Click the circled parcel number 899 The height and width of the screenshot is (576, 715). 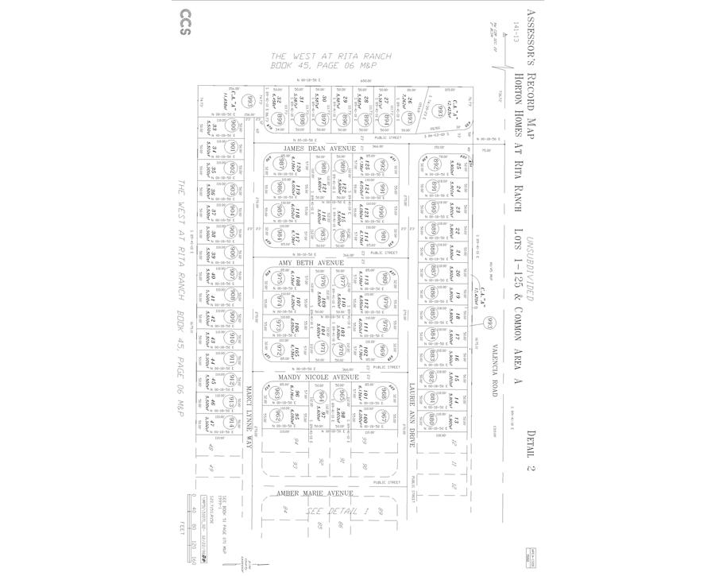point(281,118)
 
